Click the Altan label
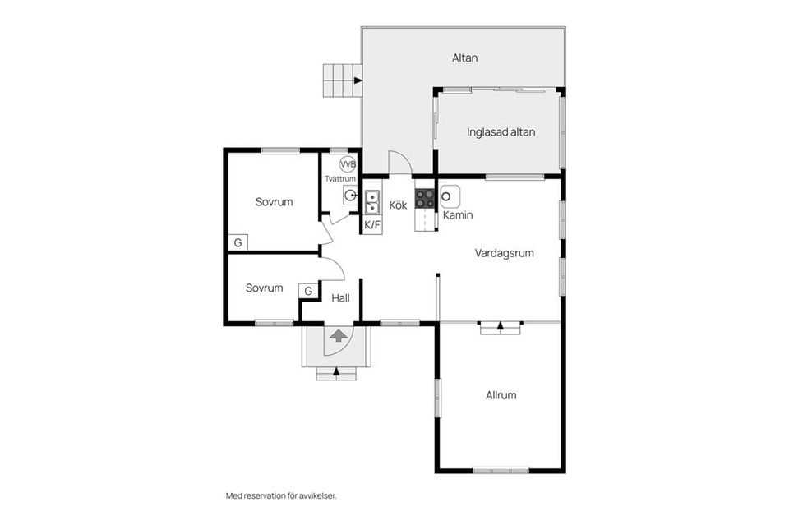464,58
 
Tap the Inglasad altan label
501,132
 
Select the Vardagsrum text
504,253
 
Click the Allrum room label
501,395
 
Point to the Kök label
398,205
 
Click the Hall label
340,298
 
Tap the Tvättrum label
340,178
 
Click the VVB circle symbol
348,164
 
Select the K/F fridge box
372,225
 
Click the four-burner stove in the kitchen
425,198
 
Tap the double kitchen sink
372,202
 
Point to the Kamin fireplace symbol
450,196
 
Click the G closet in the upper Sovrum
238,242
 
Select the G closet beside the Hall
308,291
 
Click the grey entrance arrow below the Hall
339,335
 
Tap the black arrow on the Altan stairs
358,81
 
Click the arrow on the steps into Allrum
501,326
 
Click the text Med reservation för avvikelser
281,496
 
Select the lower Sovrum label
264,288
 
